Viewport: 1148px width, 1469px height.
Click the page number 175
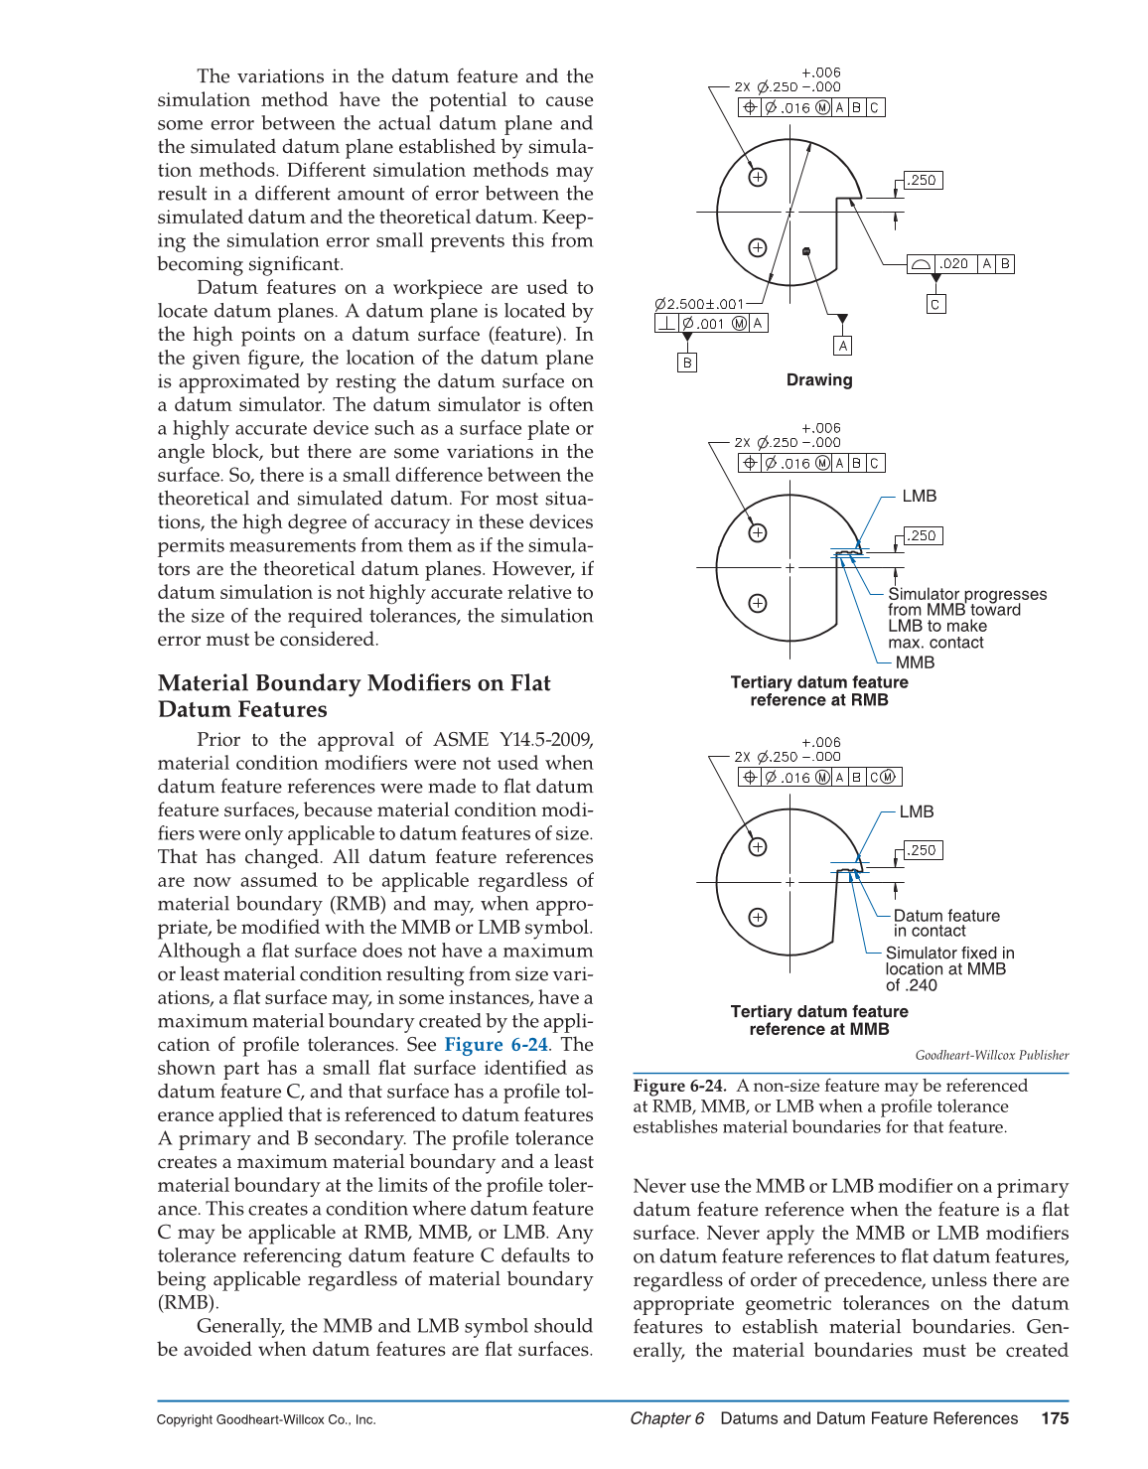(1055, 1418)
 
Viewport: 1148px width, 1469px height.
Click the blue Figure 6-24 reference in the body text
(496, 1045)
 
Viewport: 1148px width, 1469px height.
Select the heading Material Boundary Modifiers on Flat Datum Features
(354, 696)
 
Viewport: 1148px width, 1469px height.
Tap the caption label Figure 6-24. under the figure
(679, 1086)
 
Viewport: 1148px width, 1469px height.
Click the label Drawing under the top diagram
(819, 380)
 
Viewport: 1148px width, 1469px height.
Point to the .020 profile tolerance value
(954, 264)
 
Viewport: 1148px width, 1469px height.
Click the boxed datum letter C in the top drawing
(935, 305)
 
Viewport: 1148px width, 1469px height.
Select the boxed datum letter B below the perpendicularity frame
(687, 364)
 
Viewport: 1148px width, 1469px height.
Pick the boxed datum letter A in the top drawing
(843, 346)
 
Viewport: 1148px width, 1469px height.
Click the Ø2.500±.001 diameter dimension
(698, 304)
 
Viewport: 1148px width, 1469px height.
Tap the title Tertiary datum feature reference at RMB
(819, 691)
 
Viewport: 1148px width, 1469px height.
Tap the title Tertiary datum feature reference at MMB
(819, 1020)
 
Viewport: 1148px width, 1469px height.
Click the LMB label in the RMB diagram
(919, 497)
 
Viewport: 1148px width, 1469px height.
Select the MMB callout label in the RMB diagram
(915, 662)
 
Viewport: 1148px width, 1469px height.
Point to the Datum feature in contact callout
(946, 923)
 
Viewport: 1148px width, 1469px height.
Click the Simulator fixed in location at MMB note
(949, 968)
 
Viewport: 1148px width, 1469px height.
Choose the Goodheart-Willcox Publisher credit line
(991, 1055)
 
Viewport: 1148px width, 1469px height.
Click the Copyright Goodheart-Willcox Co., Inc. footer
(266, 1420)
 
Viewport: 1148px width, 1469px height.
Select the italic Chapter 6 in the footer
(667, 1418)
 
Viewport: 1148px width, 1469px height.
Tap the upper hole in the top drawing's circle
(758, 178)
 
